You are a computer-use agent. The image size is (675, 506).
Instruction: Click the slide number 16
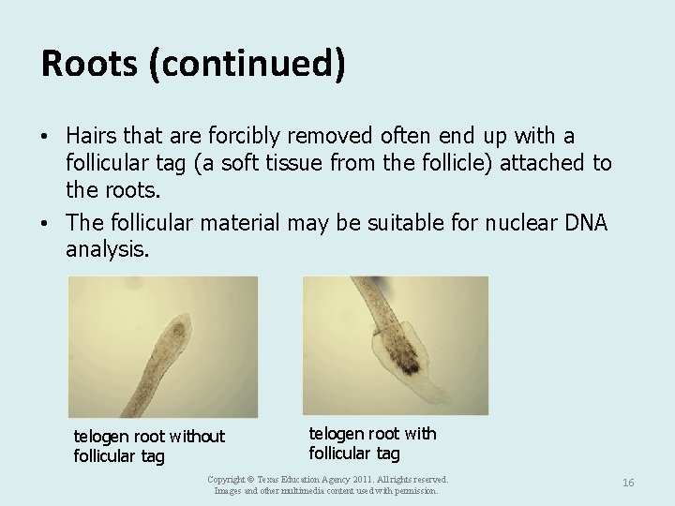tap(628, 482)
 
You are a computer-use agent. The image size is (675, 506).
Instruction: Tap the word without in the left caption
tap(192, 437)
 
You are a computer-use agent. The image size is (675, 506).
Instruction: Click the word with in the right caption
tap(419, 433)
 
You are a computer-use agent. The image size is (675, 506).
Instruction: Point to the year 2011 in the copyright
tap(349, 478)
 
